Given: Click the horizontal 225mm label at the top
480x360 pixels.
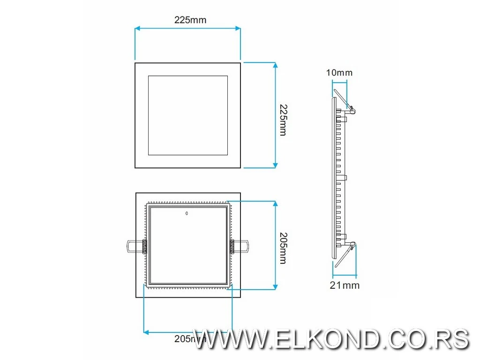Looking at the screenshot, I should (x=190, y=20).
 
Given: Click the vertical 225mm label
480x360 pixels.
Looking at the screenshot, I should (x=282, y=120).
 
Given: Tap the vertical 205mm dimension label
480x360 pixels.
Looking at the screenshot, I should (x=282, y=248).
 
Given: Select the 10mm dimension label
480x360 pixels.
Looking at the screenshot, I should (x=340, y=73).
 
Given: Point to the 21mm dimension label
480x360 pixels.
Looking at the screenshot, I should (x=345, y=285).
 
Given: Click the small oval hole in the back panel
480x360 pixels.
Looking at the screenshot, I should (x=187, y=214).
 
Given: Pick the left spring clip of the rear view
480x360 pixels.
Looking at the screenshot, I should (x=136, y=246).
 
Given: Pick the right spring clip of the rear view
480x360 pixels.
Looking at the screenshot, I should (x=240, y=245).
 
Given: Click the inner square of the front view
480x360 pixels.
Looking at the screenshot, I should (x=188, y=115).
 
